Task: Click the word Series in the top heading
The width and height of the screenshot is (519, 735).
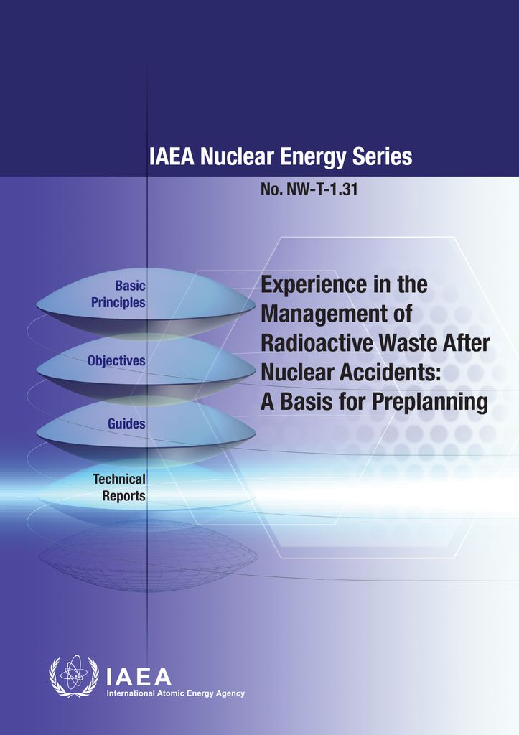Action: coord(378,157)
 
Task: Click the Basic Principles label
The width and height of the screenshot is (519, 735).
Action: coord(118,294)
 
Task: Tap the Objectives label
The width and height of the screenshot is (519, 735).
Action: coord(116,361)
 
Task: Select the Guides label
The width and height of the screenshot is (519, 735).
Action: coord(126,423)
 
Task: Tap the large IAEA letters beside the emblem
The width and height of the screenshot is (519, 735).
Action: coord(139,677)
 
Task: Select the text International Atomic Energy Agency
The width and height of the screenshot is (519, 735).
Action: coord(175,693)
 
